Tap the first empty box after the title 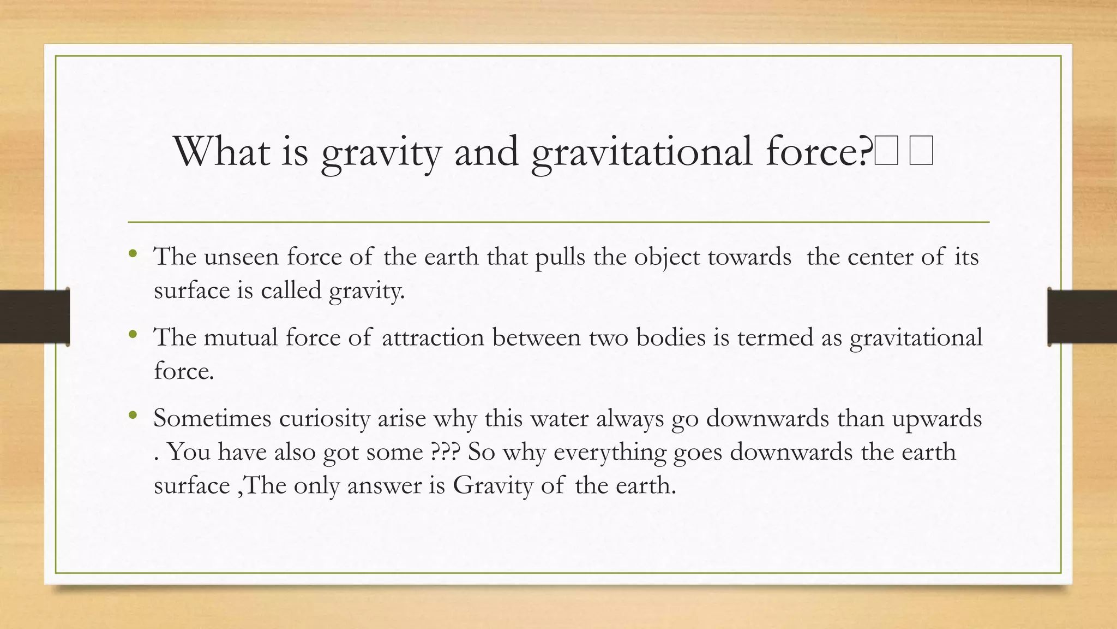point(886,151)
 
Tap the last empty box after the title point(921,151)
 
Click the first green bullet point point(133,253)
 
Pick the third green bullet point point(133,416)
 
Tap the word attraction point(433,337)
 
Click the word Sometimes point(213,419)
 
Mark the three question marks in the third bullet point(445,452)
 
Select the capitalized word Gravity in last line point(493,485)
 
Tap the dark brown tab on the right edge point(1082,317)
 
